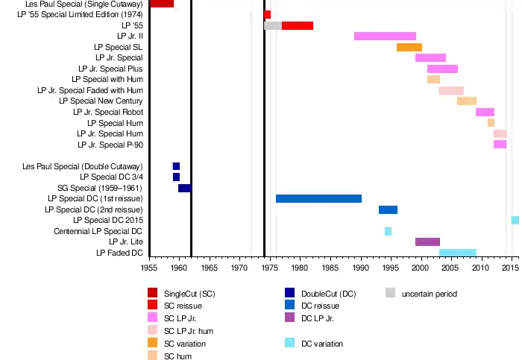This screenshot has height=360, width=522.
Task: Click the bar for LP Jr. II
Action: click(x=385, y=36)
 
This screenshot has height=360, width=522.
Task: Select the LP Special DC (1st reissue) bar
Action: click(x=318, y=199)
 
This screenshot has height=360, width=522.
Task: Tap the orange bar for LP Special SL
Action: click(x=409, y=47)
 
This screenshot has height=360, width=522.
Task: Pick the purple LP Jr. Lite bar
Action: click(x=427, y=241)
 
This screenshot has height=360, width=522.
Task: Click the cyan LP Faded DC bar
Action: click(x=458, y=253)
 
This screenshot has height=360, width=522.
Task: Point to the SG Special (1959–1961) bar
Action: click(x=184, y=188)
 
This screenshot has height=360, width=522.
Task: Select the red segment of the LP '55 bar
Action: click(x=298, y=25)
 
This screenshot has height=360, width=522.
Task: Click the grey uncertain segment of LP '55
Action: click(x=273, y=25)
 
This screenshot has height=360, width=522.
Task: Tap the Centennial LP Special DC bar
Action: click(x=388, y=231)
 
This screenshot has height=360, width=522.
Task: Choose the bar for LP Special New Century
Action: click(x=467, y=101)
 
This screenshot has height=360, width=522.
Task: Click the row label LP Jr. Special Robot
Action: click(x=108, y=112)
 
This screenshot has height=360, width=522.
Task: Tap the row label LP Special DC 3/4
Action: click(x=111, y=177)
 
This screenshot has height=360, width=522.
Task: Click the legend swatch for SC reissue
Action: click(x=152, y=306)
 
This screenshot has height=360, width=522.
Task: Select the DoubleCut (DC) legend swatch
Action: click(x=289, y=293)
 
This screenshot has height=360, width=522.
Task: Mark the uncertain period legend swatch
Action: click(x=390, y=293)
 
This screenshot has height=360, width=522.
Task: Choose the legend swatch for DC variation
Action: click(x=289, y=343)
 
